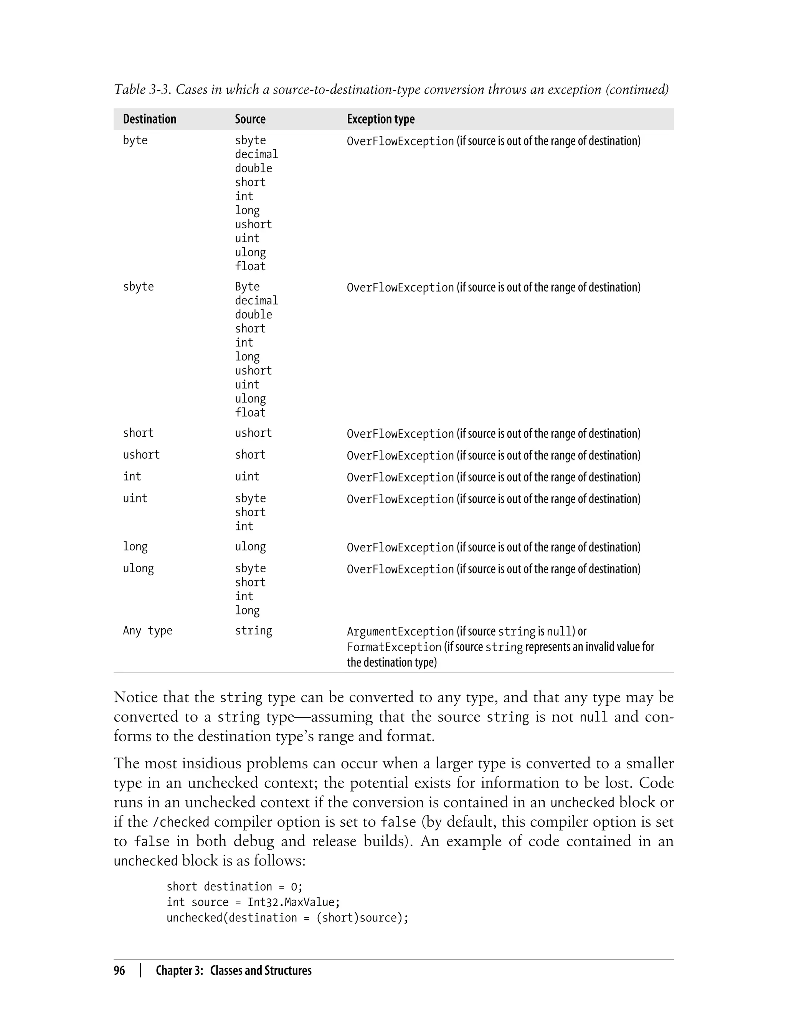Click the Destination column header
149,119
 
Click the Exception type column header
380,119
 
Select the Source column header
250,119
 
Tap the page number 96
119,970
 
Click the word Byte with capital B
247,287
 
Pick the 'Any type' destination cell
147,631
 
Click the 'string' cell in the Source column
253,631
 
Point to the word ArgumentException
400,632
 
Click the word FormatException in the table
394,647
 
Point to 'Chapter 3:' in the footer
179,970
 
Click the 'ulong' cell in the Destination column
138,568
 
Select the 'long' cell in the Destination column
135,547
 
